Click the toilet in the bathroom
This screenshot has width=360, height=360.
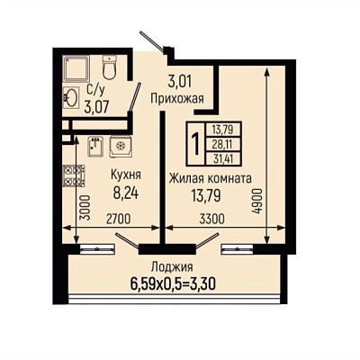pos(109,67)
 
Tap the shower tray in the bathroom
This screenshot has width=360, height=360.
pos(76,68)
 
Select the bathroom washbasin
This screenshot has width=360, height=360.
pos(71,97)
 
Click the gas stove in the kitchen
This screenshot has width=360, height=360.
pos(74,175)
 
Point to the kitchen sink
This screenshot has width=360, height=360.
pos(96,147)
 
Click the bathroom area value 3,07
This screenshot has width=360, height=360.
pos(96,107)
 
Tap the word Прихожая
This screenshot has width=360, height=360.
pos(177,98)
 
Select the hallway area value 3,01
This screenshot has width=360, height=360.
pos(180,81)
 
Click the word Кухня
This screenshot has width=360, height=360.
pos(126,175)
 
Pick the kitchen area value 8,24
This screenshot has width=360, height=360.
pos(126,193)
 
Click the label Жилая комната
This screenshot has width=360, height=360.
pos(211,178)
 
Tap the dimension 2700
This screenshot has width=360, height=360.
pos(119,219)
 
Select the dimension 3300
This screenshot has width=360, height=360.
pos(212,219)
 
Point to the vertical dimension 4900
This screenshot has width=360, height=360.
pos(257,201)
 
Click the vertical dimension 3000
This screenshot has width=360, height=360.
pos(85,208)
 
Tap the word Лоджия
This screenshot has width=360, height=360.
pos(172,266)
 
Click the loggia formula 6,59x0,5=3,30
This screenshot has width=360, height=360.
pos(173,283)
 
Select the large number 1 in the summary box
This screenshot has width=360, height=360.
pos(196,144)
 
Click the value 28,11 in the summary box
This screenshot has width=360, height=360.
pos(223,144)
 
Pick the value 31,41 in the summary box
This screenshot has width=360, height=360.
pos(223,158)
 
